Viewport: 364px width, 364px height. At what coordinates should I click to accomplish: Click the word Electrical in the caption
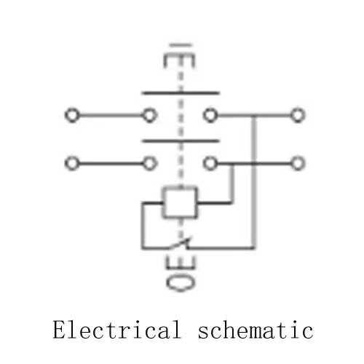[117, 329]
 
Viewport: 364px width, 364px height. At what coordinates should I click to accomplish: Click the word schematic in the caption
[256, 329]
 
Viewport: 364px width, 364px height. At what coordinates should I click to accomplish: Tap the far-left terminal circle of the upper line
[72, 115]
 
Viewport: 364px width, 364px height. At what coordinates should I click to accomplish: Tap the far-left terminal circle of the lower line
[72, 163]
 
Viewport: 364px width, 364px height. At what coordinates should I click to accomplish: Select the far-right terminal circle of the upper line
[298, 115]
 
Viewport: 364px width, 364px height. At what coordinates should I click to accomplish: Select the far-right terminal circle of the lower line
[298, 163]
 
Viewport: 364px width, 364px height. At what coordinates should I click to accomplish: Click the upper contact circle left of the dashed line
[149, 115]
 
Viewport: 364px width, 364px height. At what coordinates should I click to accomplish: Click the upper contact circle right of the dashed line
[210, 115]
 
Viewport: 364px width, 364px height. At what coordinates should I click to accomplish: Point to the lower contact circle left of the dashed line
[149, 163]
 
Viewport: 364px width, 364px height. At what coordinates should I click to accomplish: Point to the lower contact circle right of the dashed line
[210, 163]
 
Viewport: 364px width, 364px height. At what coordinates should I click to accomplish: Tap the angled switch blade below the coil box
[180, 243]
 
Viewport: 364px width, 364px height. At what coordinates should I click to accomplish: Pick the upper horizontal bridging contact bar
[181, 93]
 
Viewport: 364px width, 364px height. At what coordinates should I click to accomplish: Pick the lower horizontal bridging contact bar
[181, 141]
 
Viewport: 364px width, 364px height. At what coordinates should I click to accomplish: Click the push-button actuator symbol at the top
[180, 56]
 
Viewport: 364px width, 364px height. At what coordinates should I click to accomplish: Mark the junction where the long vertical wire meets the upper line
[254, 115]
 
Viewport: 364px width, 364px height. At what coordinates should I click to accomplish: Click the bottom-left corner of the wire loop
[143, 248]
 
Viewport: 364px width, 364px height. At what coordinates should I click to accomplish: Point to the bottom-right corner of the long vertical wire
[254, 248]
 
